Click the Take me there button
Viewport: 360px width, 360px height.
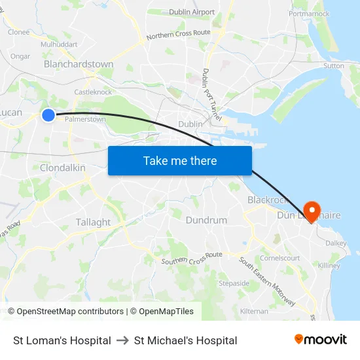pos(180,160)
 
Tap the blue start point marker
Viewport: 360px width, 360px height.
pos(48,115)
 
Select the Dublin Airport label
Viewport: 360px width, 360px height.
pos(192,12)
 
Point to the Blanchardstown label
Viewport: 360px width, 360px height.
pos(79,64)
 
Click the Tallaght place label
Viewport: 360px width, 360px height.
pos(93,222)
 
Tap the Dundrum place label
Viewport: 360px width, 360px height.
pos(206,220)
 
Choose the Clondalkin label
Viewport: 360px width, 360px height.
pos(63,168)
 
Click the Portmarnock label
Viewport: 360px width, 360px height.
pos(309,13)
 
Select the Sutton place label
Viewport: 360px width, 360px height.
pos(333,65)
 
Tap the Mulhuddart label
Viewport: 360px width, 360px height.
pos(59,45)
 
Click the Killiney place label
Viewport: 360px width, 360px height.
pos(329,266)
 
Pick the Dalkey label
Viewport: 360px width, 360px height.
pos(336,243)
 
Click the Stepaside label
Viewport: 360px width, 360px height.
pos(234,283)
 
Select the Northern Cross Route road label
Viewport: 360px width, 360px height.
pos(178,35)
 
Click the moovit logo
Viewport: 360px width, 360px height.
pos(320,340)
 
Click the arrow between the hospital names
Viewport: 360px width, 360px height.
pos(122,340)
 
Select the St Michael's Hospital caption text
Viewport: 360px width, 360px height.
pos(185,340)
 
